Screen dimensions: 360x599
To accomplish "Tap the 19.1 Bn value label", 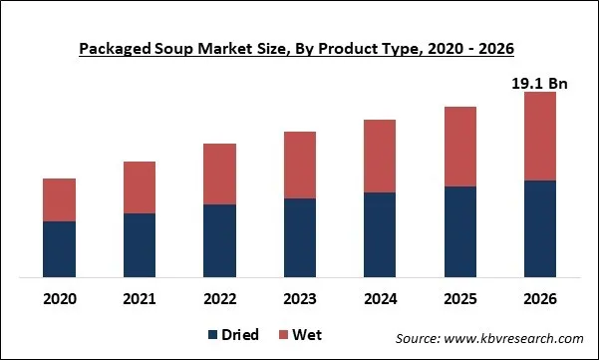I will point(539,84).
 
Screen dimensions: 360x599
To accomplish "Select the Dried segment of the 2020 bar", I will point(59,248).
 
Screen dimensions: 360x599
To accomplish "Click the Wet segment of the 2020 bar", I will point(59,199).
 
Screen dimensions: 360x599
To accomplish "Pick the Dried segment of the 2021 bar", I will point(140,244).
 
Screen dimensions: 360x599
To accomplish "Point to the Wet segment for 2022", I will point(219,174).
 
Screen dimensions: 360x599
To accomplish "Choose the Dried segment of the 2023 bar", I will point(300,237).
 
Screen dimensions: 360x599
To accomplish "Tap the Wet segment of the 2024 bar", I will point(380,156).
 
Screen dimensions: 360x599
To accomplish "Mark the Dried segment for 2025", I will point(459,231).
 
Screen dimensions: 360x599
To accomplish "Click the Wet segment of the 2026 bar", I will point(539,136).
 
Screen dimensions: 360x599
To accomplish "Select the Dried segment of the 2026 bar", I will point(539,228).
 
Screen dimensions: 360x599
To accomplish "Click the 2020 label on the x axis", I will point(59,298).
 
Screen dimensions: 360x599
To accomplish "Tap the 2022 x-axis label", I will point(219,298).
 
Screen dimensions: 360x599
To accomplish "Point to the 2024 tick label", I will point(380,298).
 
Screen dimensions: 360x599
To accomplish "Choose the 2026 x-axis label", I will point(539,298).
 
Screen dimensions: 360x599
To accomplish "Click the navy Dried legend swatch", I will point(213,335).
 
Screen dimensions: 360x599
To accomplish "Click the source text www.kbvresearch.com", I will point(489,339).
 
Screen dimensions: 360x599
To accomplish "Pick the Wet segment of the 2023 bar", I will point(300,165).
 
